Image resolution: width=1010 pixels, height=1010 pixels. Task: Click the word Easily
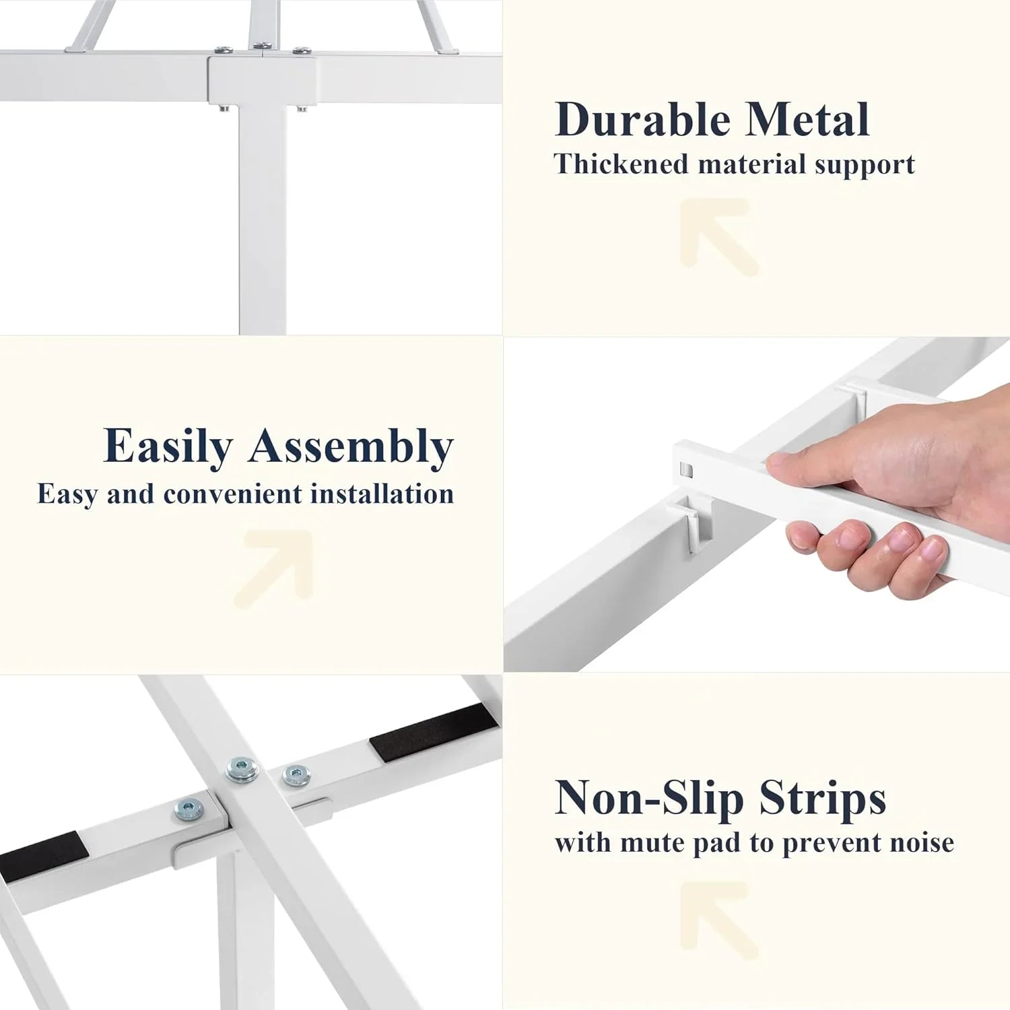coord(168,447)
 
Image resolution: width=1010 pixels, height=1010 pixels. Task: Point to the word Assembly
coord(351,447)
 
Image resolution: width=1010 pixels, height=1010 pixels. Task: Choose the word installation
coord(382,494)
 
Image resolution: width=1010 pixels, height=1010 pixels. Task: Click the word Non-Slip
coord(649,799)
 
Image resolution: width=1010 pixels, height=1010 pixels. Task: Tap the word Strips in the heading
coord(822,799)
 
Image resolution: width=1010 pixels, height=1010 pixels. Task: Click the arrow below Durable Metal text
coord(719,236)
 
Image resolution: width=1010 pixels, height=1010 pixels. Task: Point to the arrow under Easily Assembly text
coord(275,568)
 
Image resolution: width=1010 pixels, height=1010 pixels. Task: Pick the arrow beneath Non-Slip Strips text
coord(719,920)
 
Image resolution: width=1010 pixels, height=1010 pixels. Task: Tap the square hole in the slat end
coord(686,469)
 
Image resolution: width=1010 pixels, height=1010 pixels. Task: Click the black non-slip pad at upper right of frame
coord(434,733)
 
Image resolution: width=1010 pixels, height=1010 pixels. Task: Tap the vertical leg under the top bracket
coord(262,219)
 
